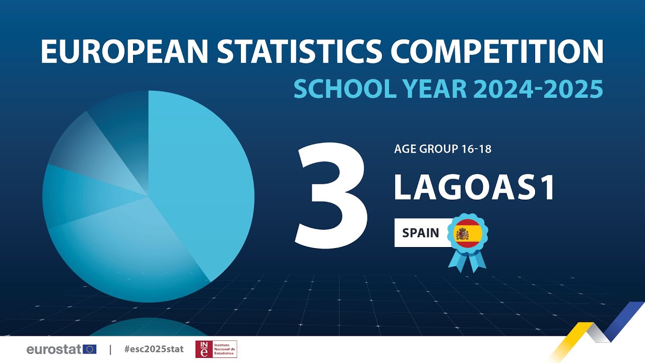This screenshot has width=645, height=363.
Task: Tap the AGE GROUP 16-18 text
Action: pos(442,149)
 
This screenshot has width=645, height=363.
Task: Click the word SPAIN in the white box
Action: pos(420,233)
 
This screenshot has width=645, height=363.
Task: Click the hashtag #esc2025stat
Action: pos(154,349)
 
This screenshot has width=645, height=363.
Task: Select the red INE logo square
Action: pos(204,349)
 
